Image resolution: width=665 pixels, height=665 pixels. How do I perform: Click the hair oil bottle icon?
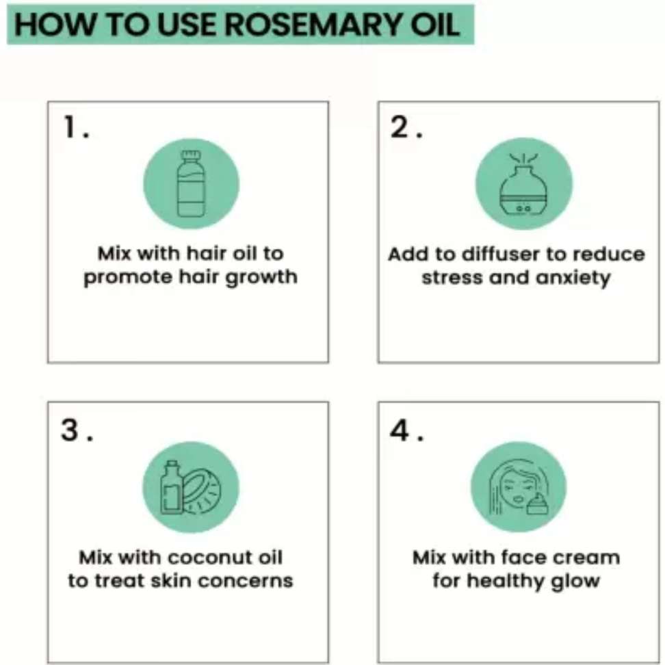[191, 183]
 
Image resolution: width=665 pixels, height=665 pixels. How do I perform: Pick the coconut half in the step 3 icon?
[202, 492]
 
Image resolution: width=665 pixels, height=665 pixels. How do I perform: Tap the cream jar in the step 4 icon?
[537, 505]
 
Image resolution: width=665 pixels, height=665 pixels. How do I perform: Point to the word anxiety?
[573, 278]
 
